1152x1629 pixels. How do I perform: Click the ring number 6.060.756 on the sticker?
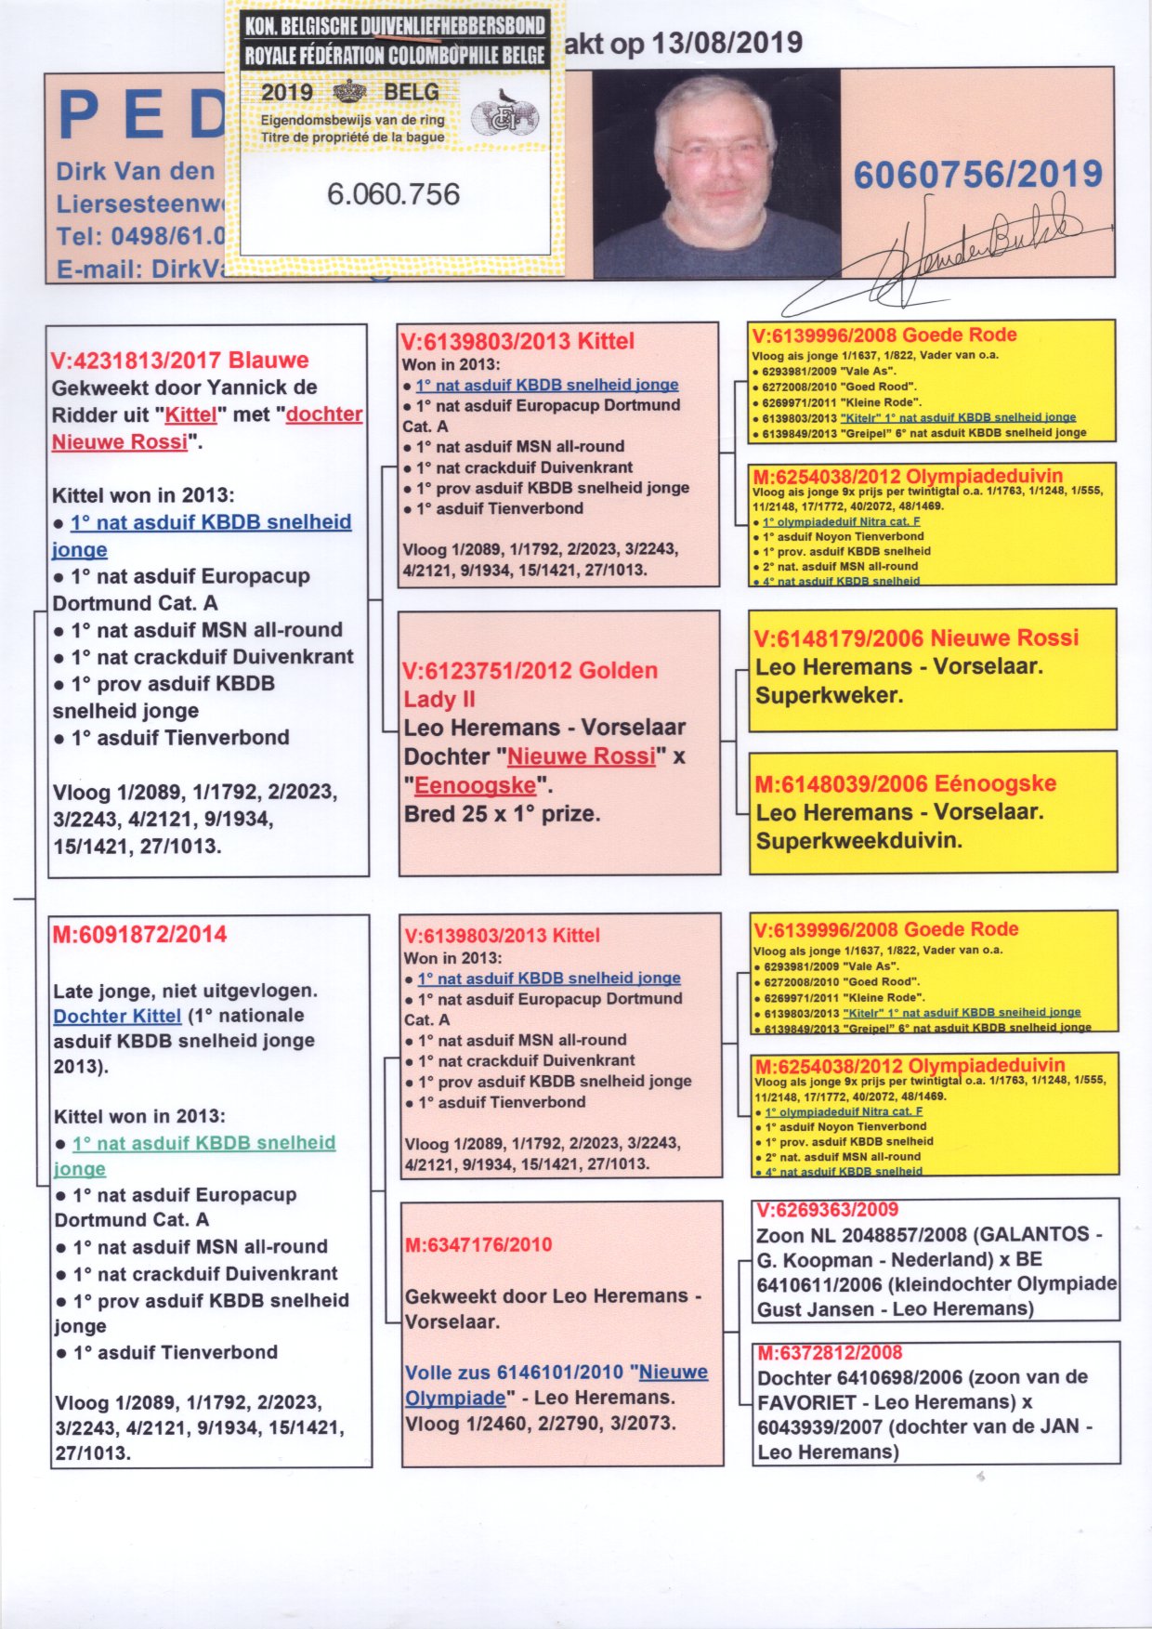click(393, 194)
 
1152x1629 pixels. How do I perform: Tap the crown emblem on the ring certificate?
click(349, 92)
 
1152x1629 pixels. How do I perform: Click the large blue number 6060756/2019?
click(977, 175)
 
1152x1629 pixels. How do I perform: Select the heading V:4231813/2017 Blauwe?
click(179, 361)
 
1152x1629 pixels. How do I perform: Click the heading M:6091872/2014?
click(139, 935)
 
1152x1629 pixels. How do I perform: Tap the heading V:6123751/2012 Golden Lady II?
click(530, 684)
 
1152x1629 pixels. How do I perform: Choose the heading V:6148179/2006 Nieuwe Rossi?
click(916, 638)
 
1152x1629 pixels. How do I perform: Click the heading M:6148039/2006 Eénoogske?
click(905, 783)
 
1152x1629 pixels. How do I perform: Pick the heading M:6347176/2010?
click(478, 1244)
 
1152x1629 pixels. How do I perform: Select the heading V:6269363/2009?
click(828, 1209)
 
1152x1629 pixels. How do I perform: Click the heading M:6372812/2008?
click(830, 1353)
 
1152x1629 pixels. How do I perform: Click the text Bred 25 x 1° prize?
click(502, 814)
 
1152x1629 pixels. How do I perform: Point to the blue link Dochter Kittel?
click(117, 1016)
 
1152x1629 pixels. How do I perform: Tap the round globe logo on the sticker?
click(505, 117)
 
